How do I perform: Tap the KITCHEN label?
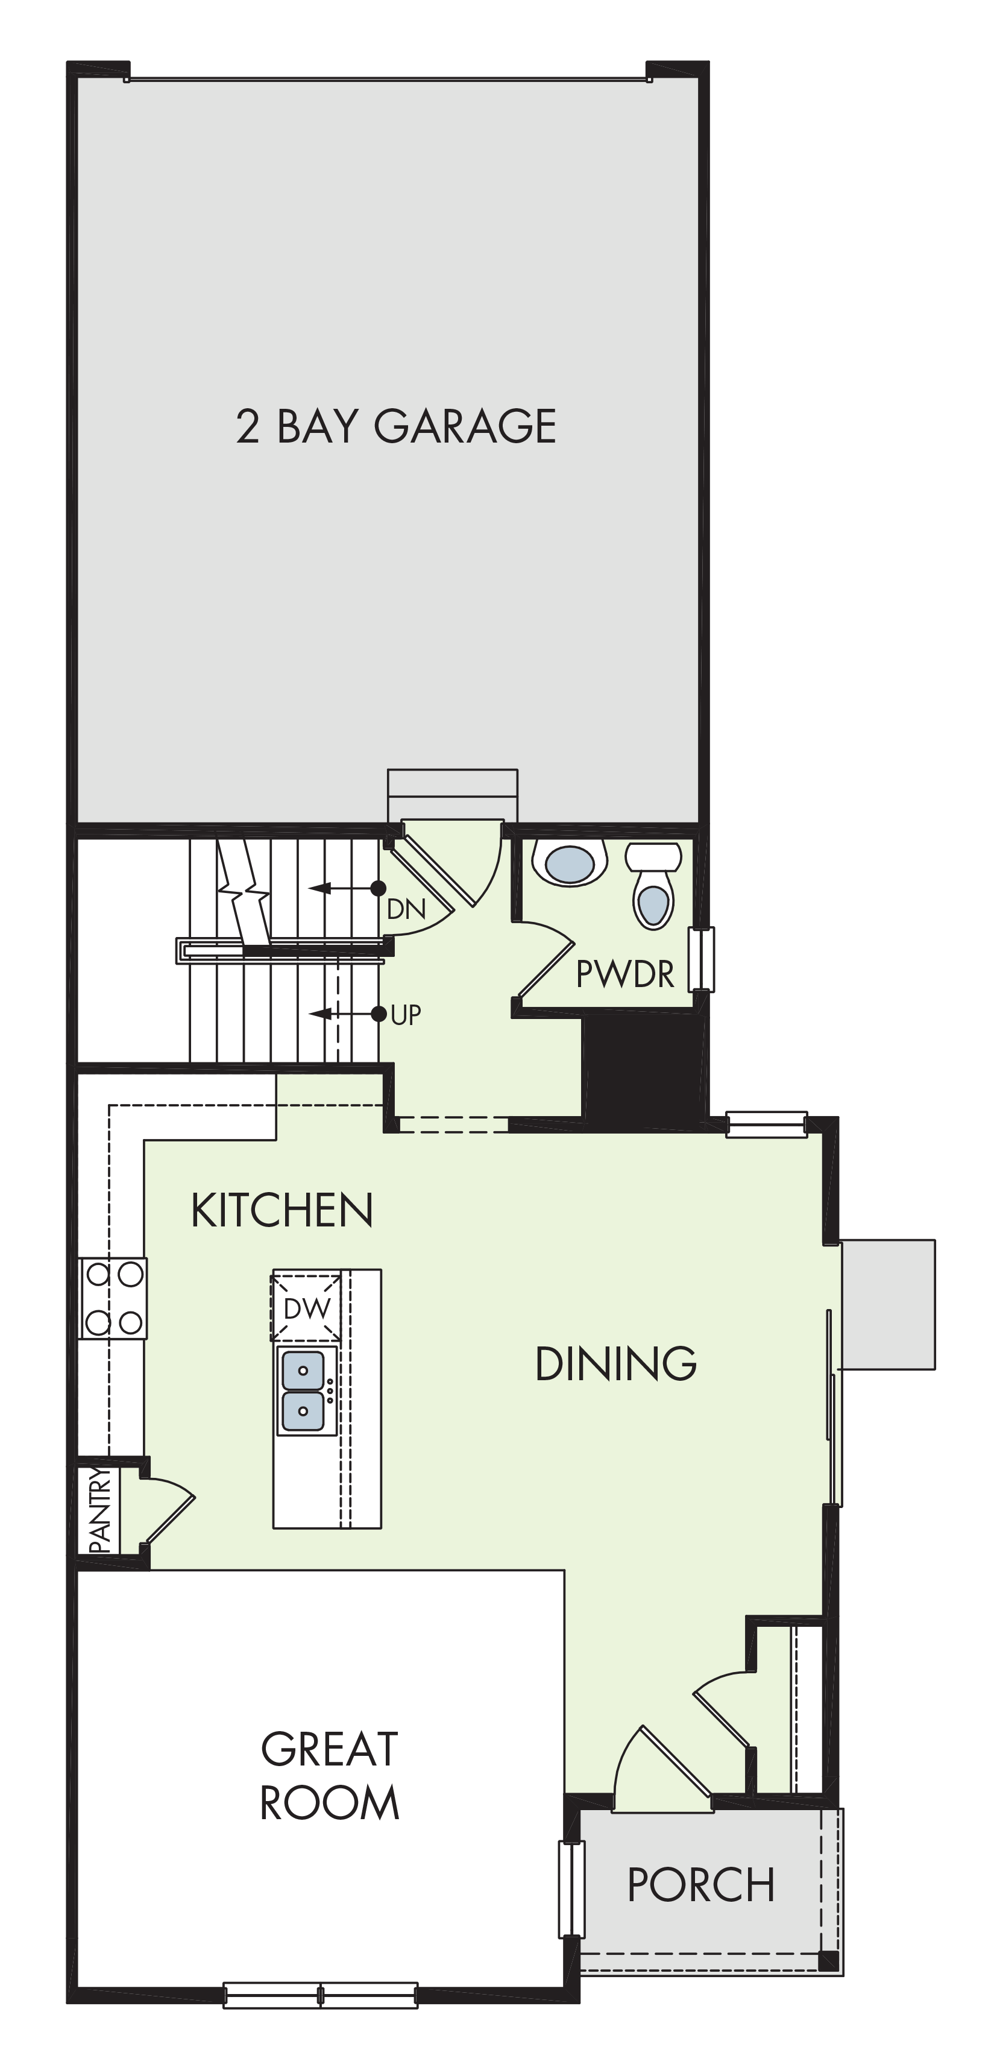pos(282,1210)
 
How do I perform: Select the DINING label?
pos(615,1364)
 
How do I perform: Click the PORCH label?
pos(700,1884)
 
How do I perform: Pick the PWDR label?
pos(625,974)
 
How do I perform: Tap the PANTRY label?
pos(99,1510)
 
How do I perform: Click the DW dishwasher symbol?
pos(306,1308)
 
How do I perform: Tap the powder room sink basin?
pos(570,862)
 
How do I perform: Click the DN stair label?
pos(406,909)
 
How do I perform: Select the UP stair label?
pos(406,1015)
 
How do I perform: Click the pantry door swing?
pos(169,1510)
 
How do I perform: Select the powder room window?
pos(702,959)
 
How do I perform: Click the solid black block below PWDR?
pos(640,1067)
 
